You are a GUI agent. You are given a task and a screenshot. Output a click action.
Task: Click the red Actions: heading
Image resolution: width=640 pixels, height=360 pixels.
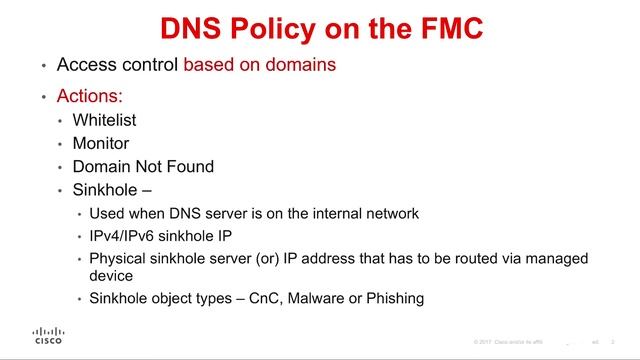pyautogui.click(x=90, y=97)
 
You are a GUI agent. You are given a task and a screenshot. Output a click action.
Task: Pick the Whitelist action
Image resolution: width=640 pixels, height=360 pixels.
pyautogui.click(x=105, y=120)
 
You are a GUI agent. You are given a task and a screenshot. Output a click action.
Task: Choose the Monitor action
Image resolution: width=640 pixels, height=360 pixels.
pyautogui.click(x=101, y=143)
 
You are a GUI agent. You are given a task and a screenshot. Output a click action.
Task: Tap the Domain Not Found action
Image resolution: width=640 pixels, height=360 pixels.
pyautogui.click(x=143, y=166)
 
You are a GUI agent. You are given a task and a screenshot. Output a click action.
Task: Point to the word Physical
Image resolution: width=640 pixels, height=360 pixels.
pyautogui.click(x=119, y=258)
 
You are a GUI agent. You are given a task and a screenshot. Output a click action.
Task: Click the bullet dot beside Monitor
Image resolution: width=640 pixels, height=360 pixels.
pyautogui.click(x=61, y=144)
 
